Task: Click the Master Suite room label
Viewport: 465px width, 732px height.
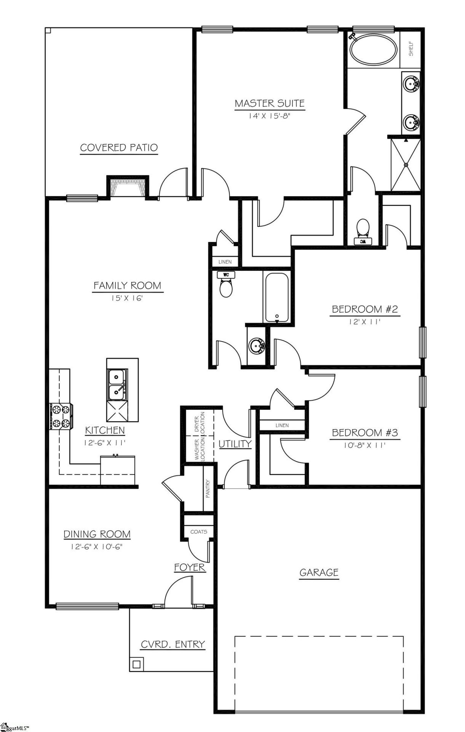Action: pos(269,103)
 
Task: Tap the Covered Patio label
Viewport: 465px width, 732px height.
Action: pos(119,148)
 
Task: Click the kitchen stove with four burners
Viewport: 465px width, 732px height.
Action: pos(61,416)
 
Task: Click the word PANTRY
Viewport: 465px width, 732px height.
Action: pos(208,488)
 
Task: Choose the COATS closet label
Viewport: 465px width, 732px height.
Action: pos(198,531)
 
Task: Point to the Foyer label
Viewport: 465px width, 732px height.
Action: pos(190,567)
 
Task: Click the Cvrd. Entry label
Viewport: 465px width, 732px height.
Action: pos(173,644)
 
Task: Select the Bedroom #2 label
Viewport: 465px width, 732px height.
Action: pos(364,309)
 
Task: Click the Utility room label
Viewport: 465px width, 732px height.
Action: pos(235,443)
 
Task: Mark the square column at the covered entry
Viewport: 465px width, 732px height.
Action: pos(136,665)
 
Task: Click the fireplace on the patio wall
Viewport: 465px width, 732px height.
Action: pos(128,188)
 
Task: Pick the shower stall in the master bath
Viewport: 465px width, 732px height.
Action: pos(406,165)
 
